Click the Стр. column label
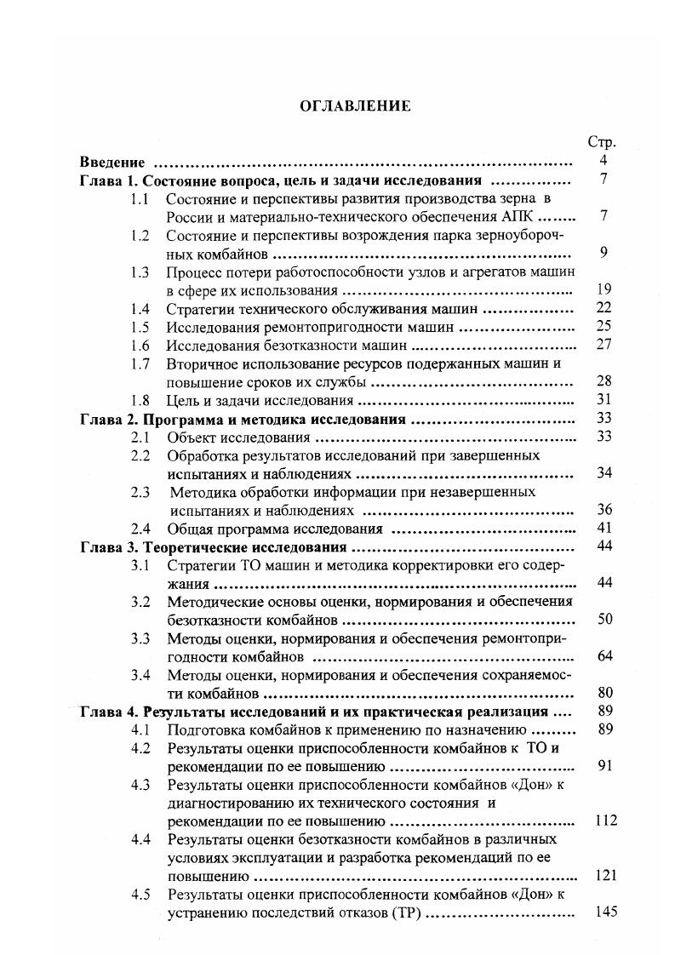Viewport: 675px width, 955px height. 602,142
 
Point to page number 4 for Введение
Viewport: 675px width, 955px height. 603,161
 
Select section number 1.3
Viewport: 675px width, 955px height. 140,272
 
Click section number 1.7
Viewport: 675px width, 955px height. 140,363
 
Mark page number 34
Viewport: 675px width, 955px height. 603,473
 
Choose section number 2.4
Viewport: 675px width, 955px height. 140,529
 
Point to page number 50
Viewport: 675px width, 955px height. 603,619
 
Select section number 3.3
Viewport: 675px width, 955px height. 140,638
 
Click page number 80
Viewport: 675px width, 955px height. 603,692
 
